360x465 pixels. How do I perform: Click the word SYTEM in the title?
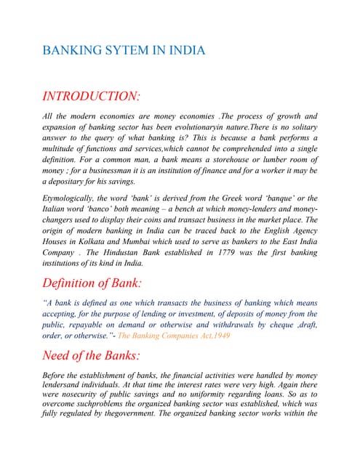117,51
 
